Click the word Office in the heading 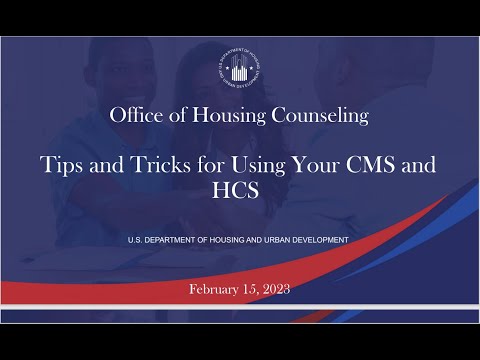(137, 116)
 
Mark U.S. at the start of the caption (136, 241)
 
